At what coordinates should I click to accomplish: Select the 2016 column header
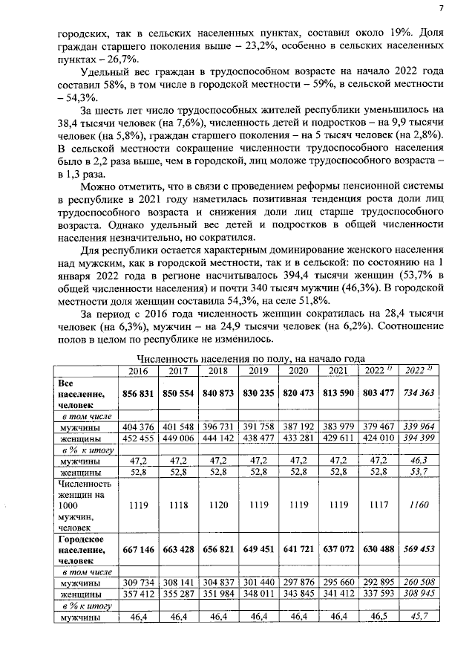click(138, 371)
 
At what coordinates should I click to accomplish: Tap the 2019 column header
click(258, 371)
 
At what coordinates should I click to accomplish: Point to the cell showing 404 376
click(138, 428)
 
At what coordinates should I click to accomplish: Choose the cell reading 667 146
click(138, 549)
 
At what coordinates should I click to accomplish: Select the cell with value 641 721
click(298, 549)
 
